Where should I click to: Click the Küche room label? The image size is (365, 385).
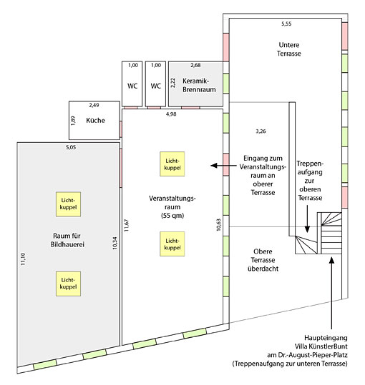(95, 120)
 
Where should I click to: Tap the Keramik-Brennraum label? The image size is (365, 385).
(199, 85)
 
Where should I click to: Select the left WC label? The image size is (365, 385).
(132, 86)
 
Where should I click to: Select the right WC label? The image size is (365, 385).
(156, 86)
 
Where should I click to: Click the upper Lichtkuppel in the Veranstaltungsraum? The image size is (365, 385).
(172, 164)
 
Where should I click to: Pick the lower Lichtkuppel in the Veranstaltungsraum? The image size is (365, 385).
(172, 244)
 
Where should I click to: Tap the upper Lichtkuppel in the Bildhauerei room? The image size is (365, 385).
(69, 204)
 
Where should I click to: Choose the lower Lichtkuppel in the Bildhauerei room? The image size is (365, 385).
(69, 284)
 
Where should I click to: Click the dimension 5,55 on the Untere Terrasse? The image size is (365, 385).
(286, 24)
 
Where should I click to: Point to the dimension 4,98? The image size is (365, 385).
(171, 114)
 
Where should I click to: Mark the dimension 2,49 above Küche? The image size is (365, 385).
(94, 105)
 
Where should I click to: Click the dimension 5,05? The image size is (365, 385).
(71, 148)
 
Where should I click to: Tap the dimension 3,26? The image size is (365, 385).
(261, 131)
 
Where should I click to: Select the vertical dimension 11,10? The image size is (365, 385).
(23, 259)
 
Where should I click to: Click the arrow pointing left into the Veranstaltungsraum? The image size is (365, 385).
(223, 166)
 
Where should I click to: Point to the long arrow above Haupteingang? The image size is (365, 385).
(331, 293)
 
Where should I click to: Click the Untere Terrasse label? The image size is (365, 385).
(289, 49)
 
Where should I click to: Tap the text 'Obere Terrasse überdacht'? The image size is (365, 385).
(263, 260)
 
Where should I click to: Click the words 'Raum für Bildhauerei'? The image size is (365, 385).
(67, 240)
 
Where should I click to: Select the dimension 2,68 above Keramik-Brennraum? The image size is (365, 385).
(195, 65)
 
